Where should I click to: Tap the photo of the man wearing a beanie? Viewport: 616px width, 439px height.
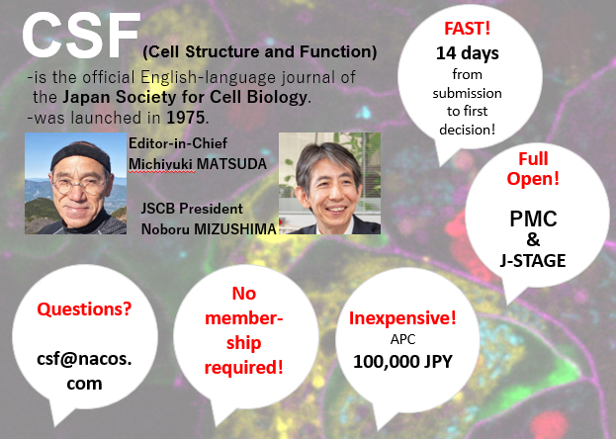(75, 183)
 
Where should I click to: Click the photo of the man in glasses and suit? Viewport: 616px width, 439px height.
(329, 188)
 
